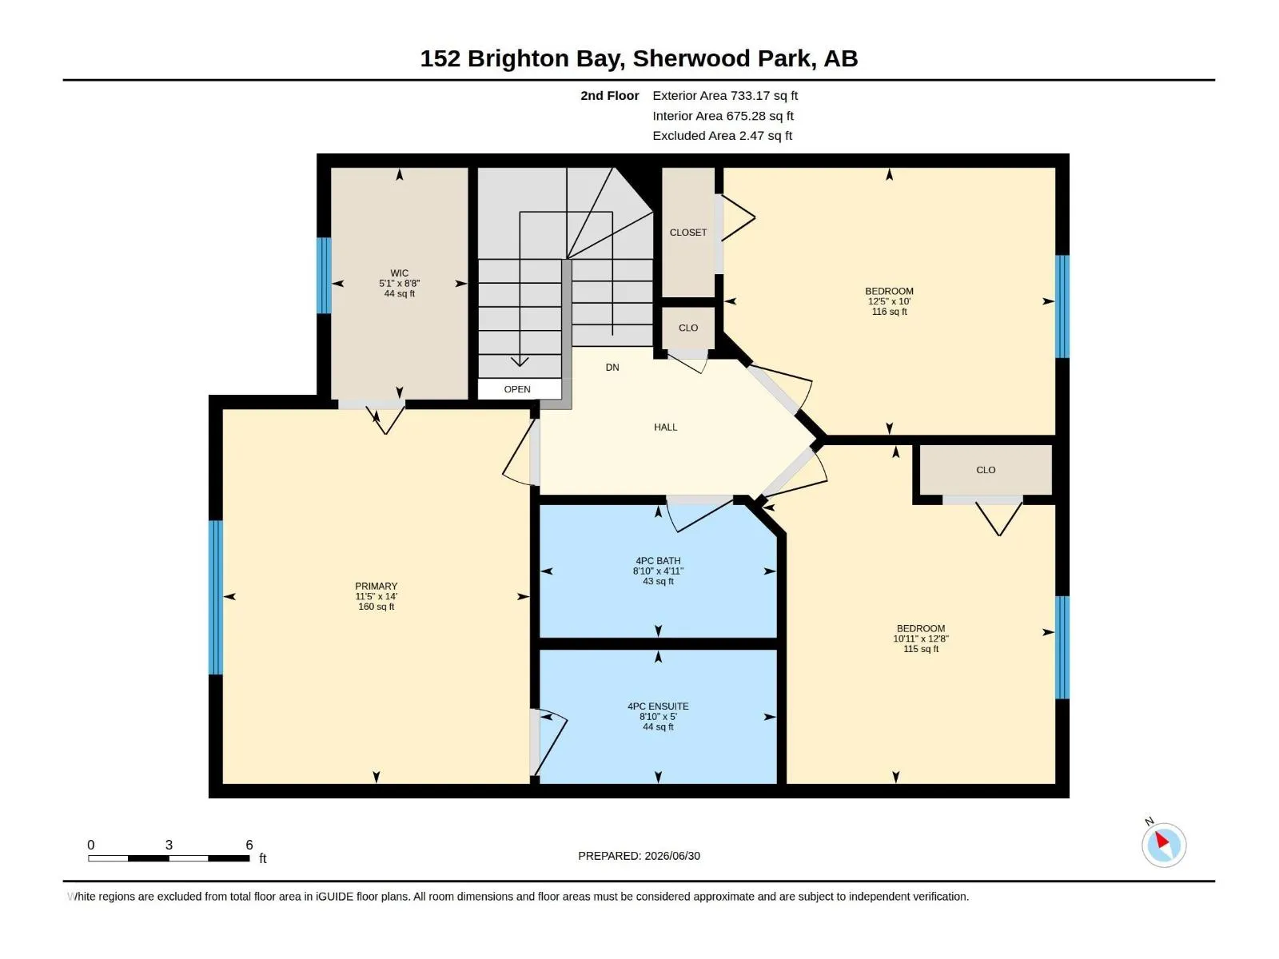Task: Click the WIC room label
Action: (399, 273)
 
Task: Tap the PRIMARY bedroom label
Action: (376, 587)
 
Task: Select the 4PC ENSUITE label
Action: (658, 706)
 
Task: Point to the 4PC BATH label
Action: (658, 561)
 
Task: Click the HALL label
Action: (665, 428)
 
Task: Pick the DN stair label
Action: (612, 368)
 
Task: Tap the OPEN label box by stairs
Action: (517, 389)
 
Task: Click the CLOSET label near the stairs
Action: (688, 233)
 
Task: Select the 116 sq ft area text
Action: (889, 312)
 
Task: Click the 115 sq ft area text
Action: (921, 649)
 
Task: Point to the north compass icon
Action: (1164, 845)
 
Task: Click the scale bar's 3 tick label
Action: (169, 845)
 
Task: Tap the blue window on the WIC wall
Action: (324, 276)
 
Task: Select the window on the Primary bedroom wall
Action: (216, 598)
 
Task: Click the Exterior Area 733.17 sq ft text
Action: (725, 95)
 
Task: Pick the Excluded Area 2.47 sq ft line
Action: (722, 136)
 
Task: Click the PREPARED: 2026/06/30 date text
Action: (639, 856)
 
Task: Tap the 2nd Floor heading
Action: (609, 95)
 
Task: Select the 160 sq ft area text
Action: (376, 607)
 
